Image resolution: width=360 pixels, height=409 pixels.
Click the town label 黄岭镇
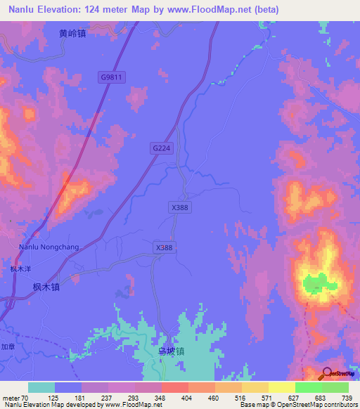(x=73, y=32)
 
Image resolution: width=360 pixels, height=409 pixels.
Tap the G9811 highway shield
(x=111, y=79)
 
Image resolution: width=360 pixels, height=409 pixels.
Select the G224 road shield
(x=161, y=148)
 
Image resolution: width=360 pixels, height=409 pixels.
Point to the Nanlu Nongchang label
(x=49, y=247)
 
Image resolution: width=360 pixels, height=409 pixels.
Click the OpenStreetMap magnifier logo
(x=328, y=373)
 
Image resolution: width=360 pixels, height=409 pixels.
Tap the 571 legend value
(x=266, y=397)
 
